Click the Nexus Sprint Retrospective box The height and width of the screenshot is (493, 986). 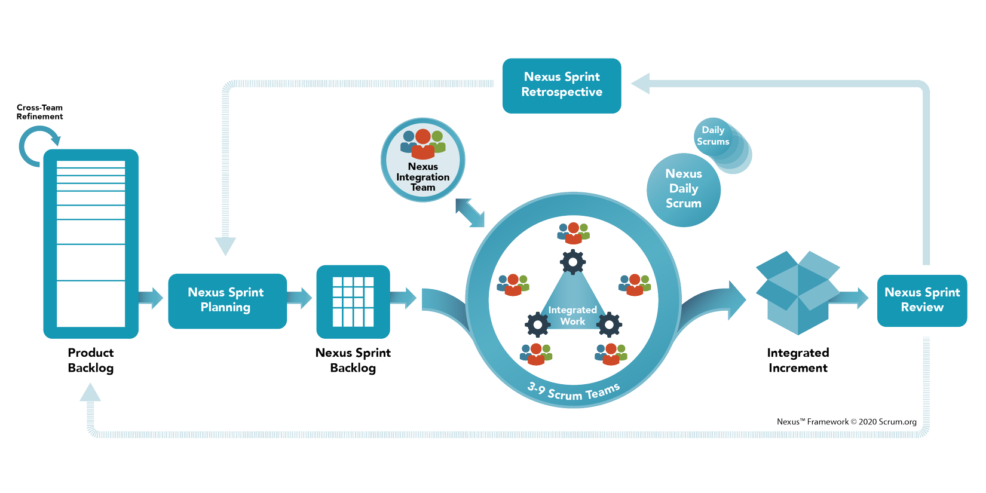(x=562, y=85)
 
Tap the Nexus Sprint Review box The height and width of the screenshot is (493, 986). (x=921, y=301)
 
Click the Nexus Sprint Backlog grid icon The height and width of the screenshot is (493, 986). (x=353, y=302)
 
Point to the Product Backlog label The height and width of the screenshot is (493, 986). (x=91, y=360)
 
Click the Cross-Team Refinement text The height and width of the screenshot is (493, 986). (x=39, y=112)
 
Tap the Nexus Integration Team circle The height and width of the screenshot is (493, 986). (x=423, y=160)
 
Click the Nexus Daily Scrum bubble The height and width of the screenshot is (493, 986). (x=684, y=189)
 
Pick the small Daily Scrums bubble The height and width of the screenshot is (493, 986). (x=715, y=137)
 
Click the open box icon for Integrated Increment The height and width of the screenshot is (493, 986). (x=797, y=292)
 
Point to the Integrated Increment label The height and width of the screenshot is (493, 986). (x=798, y=360)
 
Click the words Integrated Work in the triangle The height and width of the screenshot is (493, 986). (x=572, y=316)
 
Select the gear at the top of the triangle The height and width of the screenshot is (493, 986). (x=573, y=262)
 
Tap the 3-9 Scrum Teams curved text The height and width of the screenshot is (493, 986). (x=574, y=392)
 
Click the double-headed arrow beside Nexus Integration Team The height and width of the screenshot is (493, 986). (x=470, y=213)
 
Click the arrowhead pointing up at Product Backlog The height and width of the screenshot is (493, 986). (x=90, y=393)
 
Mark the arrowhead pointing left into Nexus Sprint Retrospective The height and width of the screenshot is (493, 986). (x=641, y=84)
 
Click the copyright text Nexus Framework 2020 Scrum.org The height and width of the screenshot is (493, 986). (x=846, y=422)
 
